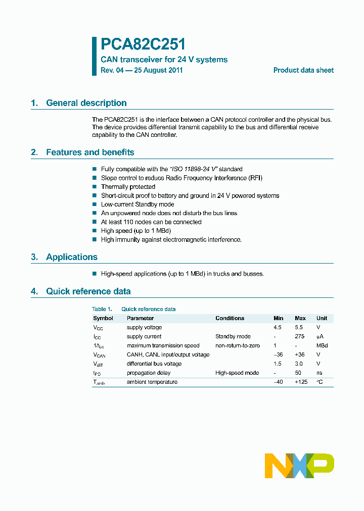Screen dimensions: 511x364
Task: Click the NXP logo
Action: tap(299, 465)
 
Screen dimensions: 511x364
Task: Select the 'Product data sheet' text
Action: tap(303, 70)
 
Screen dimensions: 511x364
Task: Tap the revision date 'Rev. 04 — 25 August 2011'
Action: tap(142, 70)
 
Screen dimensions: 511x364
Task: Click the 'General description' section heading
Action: tap(86, 103)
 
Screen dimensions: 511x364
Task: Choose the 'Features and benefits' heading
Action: tap(90, 152)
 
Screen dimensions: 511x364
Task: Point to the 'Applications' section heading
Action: tap(71, 257)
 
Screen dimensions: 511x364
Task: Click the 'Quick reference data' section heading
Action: tap(88, 291)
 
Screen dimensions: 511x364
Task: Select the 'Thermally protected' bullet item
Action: tap(128, 187)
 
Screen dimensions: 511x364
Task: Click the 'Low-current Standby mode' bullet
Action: tap(137, 205)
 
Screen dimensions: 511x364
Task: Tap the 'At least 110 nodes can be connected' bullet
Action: tap(151, 222)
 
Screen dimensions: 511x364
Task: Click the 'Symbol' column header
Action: tap(103, 318)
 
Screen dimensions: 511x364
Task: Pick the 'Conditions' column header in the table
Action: tap(230, 318)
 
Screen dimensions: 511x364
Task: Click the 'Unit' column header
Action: tap(322, 318)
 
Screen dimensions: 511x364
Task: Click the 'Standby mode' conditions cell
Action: tap(233, 336)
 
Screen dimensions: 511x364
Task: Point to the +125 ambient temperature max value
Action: tap(301, 382)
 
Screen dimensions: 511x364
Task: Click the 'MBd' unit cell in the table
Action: tap(322, 345)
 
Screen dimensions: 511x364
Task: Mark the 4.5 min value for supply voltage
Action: tap(278, 327)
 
